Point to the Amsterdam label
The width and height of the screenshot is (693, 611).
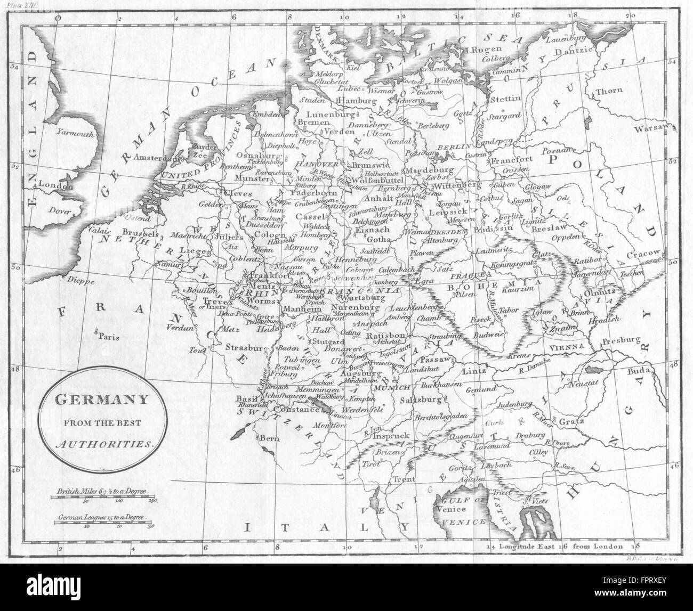[155, 158]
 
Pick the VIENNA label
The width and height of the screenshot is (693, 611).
[565, 346]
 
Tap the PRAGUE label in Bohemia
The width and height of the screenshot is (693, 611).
[468, 275]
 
